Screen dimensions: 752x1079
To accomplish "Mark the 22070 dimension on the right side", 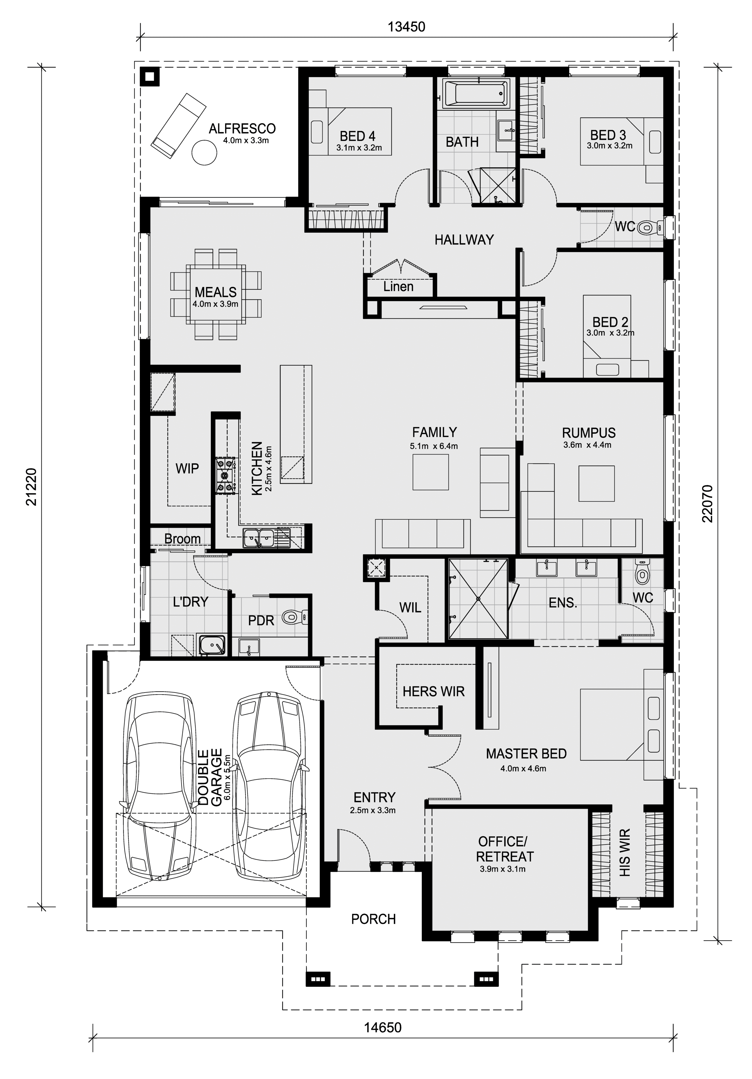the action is click(x=707, y=504).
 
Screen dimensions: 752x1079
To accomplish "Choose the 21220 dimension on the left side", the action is click(x=31, y=487).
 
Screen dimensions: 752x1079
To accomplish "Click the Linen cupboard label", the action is click(x=398, y=287).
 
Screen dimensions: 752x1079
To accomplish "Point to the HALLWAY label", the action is click(x=464, y=240).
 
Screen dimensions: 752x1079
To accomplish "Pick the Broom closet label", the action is click(x=182, y=538).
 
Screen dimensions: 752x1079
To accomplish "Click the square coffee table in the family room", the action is click(x=431, y=472).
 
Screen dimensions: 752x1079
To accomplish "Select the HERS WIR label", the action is click(x=433, y=691).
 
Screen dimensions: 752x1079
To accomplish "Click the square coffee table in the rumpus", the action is click(x=596, y=484).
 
